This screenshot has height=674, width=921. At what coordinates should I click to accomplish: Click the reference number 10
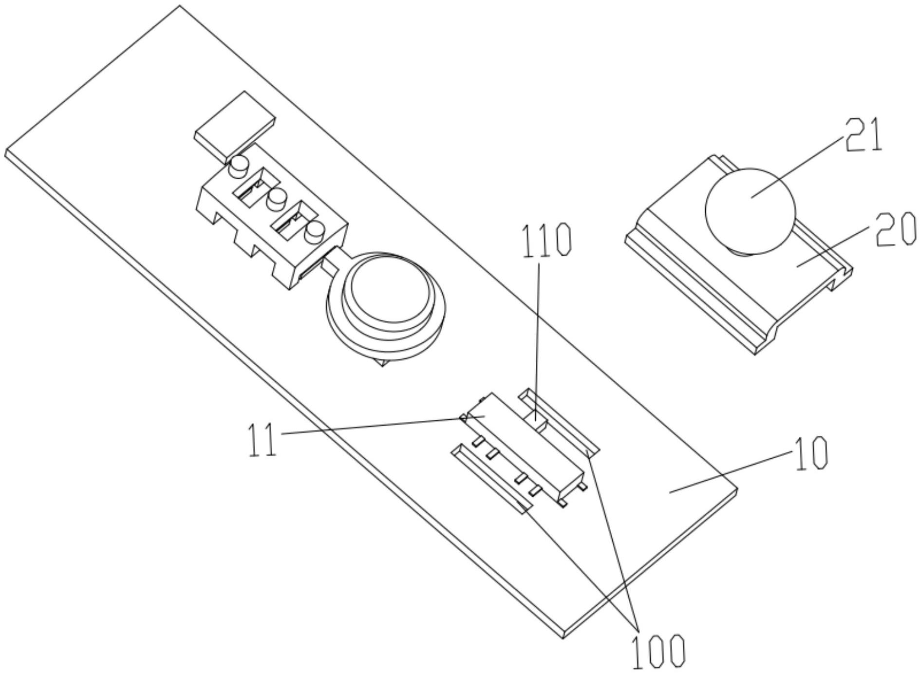[x=810, y=453]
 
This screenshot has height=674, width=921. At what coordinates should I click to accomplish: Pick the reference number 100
[x=658, y=650]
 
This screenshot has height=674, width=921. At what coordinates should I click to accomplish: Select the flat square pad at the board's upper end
[x=235, y=127]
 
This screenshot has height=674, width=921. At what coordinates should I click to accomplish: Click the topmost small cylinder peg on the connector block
[x=239, y=167]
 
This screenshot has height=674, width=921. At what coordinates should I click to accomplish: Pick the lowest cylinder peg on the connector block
[x=315, y=231]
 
